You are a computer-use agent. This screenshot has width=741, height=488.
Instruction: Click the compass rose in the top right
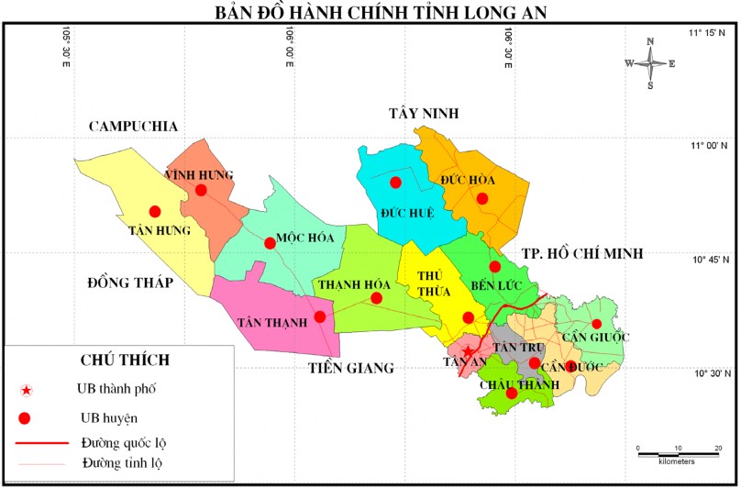650,63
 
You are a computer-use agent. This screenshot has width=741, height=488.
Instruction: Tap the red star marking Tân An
468,351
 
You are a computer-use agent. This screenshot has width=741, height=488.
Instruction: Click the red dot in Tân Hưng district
155,211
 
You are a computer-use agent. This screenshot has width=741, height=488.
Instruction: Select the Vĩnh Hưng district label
199,174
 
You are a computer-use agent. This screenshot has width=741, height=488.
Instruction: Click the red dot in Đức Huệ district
395,183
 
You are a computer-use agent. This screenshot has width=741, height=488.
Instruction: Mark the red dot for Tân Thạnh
319,316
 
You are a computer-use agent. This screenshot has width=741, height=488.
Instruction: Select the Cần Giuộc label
597,338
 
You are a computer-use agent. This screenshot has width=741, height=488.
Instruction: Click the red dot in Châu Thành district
512,394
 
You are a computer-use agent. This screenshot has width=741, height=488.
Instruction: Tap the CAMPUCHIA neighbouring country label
132,127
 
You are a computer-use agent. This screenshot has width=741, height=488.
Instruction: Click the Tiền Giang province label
349,368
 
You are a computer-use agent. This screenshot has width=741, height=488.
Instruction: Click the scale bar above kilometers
678,451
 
